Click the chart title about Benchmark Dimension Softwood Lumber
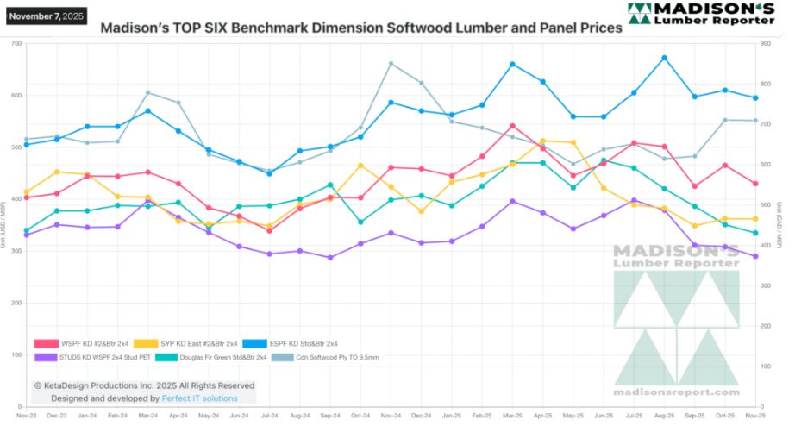(361, 28)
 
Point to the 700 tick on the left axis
(16, 43)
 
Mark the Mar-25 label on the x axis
(512, 415)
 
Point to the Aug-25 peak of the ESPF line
(664, 58)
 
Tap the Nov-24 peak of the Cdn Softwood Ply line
(391, 63)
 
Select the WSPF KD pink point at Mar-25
(512, 126)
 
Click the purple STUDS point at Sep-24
(330, 257)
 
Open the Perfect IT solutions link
(199, 399)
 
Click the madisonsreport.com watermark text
(677, 392)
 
